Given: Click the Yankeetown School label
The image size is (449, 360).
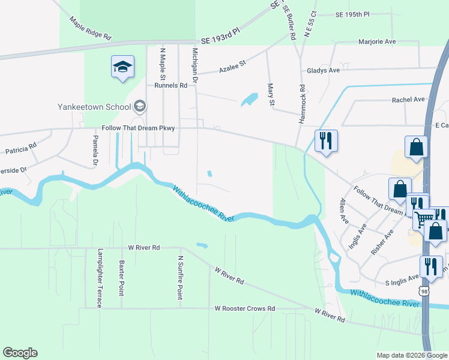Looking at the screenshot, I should point(94,107).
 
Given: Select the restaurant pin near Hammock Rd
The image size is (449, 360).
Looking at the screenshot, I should point(326,141).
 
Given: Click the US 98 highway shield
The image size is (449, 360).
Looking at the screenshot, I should point(424,291).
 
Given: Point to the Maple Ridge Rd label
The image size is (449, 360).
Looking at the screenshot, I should point(91,28).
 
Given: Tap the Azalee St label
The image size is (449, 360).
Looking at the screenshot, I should point(234,63).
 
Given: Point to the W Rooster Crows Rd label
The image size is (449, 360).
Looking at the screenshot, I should point(245,308).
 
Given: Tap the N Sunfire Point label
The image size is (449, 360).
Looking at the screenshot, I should point(180,278).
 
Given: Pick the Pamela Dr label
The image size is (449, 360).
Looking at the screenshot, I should point(95,150).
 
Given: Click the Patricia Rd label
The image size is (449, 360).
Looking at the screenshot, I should point(21,148).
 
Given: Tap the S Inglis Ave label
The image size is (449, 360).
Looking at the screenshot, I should point(402,279).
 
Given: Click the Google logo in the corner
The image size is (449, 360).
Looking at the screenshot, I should point(20,353).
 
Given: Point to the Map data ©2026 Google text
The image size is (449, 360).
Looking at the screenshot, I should point(411,355).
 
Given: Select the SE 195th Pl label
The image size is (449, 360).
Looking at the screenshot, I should point(354,14).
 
